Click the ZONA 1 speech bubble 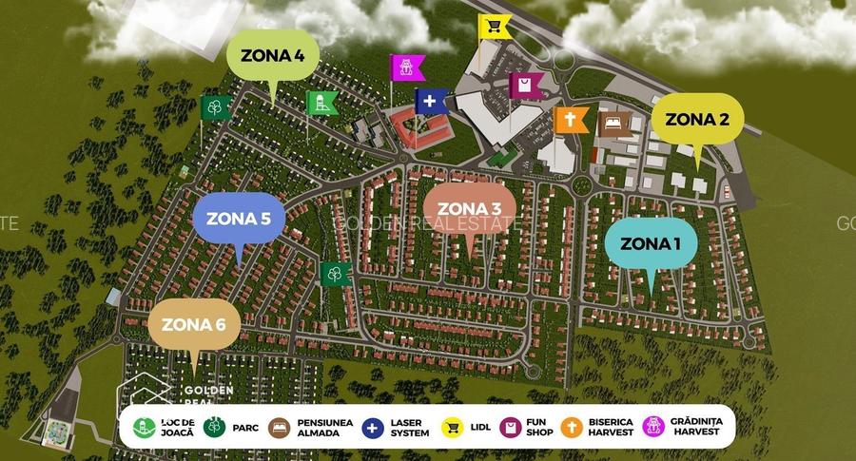coord(651,243)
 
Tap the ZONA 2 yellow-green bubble coord(697,120)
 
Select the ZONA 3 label coord(470,209)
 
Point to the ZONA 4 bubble coord(273,55)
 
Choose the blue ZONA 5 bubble coord(239,219)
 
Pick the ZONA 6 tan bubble coord(194,324)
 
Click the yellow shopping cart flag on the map coord(495,27)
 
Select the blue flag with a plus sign coord(431,101)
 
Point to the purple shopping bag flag coord(526,86)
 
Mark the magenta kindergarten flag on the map coord(406,67)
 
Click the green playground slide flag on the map coord(322,104)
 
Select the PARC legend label coord(245,428)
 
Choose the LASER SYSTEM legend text coord(410,428)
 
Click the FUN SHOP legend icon coord(510,428)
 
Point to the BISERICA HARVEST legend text coord(610,428)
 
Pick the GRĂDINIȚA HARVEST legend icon coord(654,428)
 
